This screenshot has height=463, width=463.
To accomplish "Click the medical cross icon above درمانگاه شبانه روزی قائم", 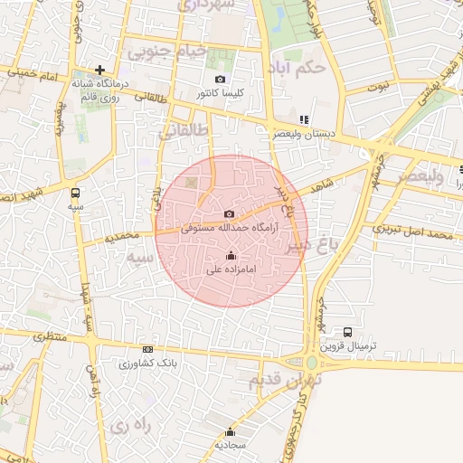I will (99, 70).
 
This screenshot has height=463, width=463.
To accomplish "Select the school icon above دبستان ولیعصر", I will (305, 119).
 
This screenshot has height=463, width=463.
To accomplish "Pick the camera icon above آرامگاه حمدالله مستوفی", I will (230, 214).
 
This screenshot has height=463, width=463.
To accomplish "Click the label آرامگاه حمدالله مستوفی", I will (231, 229).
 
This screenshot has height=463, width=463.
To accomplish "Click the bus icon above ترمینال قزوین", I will (348, 332).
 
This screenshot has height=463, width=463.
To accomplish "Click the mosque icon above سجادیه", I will (231, 431).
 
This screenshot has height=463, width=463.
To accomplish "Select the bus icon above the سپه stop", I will (75, 192).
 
